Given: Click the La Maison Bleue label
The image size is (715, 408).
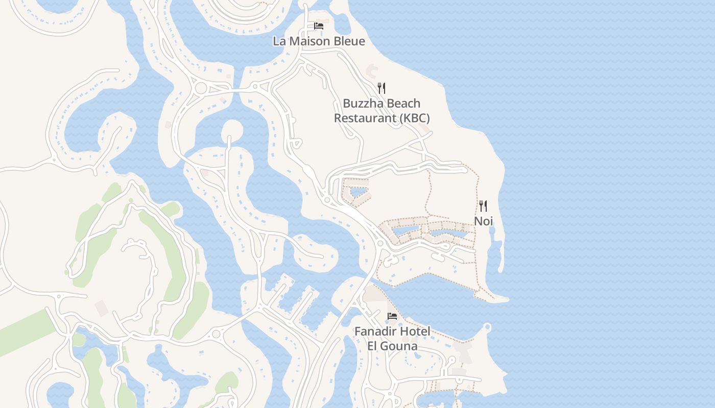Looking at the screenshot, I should (x=319, y=41).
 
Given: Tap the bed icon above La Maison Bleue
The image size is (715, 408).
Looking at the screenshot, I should (x=319, y=26).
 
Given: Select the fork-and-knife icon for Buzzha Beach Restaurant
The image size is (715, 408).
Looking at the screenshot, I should (x=382, y=88).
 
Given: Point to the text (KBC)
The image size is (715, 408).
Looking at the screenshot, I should (x=414, y=118).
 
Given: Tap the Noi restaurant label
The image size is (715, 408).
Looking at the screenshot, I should (x=483, y=221).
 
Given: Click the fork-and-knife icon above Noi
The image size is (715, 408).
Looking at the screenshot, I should (x=483, y=206).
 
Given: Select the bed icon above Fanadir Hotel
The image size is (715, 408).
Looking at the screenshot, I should (x=392, y=316).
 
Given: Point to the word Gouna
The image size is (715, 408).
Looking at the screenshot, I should (x=400, y=346).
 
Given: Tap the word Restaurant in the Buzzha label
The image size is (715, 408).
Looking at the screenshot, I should (x=365, y=118).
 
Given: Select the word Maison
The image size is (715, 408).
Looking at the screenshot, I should (x=309, y=41).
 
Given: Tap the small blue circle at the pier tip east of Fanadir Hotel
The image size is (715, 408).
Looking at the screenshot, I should (x=487, y=326).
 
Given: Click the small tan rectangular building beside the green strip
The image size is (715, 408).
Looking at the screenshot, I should (x=102, y=308).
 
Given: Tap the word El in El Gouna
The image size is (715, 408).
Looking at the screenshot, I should (x=373, y=346).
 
